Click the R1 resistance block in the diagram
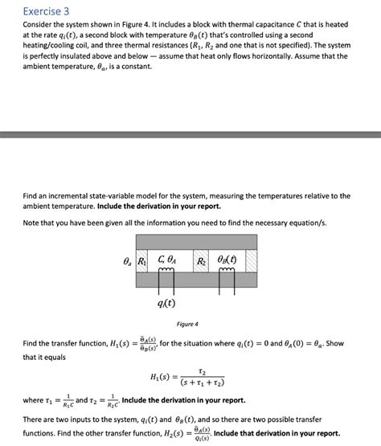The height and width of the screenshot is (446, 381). click(x=141, y=260)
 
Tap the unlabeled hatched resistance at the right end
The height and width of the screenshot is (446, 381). click(x=251, y=260)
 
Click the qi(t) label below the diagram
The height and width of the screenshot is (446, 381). click(x=169, y=304)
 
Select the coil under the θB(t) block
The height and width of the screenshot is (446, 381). click(x=225, y=274)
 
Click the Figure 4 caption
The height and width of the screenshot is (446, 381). click(x=186, y=324)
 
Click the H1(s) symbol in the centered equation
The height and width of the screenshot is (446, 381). click(x=163, y=376)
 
